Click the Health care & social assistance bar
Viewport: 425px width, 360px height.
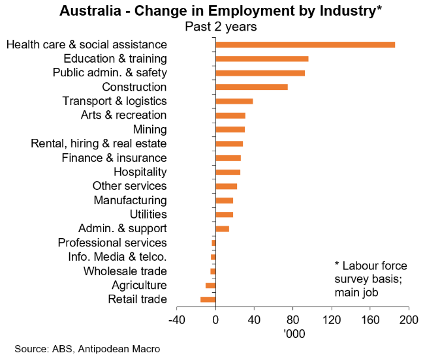[305, 44]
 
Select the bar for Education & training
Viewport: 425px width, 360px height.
[262, 59]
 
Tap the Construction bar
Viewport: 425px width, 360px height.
[251, 87]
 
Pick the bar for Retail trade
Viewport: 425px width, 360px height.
[208, 299]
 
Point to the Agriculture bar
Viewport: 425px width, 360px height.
[210, 285]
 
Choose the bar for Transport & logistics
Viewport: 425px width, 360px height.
[234, 101]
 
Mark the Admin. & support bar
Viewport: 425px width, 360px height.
[222, 228]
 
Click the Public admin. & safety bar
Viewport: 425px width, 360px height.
[260, 73]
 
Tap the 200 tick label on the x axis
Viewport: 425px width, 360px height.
[409, 320]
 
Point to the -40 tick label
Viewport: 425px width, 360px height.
[176, 320]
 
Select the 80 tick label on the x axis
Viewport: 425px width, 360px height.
[292, 320]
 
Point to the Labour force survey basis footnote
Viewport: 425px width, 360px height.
[370, 279]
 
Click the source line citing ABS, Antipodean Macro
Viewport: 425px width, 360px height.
[87, 349]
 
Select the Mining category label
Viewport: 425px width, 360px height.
[150, 129]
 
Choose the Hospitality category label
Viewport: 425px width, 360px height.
[140, 172]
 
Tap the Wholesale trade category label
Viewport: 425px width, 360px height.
[125, 271]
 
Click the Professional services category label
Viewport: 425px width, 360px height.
[112, 243]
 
